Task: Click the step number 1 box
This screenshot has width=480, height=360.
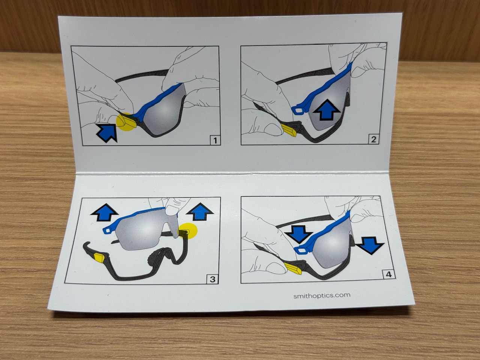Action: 215,140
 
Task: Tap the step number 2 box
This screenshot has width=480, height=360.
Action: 373,139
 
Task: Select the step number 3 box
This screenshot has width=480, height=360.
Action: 212,279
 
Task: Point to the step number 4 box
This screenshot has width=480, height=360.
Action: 388,274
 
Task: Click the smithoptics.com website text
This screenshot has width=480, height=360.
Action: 322,295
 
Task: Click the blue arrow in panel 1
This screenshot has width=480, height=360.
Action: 106,133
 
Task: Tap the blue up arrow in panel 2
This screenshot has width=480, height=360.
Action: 326,110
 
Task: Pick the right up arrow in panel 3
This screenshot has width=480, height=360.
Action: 200,211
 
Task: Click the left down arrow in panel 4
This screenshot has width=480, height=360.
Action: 298,234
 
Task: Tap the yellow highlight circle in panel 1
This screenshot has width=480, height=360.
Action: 125,122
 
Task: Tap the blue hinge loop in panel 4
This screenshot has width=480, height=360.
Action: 302,250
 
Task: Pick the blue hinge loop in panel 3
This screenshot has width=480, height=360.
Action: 109,230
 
